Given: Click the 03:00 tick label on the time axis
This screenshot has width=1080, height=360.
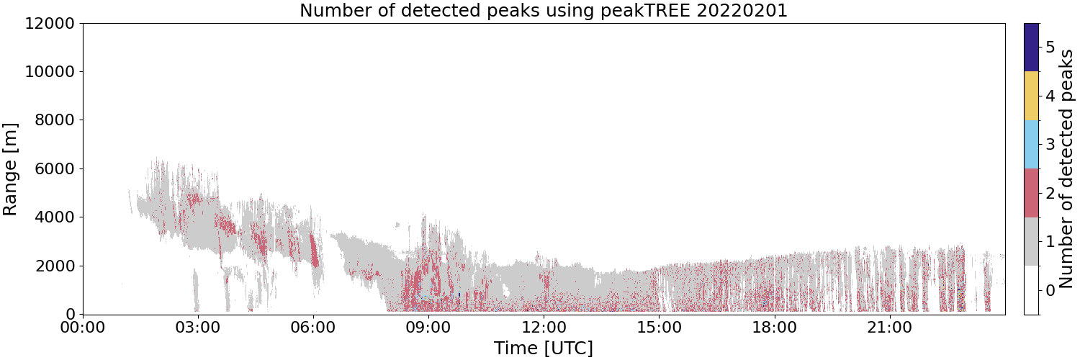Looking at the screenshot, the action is (198, 328).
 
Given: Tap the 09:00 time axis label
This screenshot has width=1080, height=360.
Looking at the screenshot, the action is (428, 328).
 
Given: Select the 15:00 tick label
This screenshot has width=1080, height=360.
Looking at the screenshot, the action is (659, 328).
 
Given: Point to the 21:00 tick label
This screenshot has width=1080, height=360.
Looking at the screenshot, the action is (889, 328).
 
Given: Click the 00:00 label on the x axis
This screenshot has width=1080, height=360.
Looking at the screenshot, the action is (83, 328).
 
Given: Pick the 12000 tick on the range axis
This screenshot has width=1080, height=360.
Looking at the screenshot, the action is (50, 23).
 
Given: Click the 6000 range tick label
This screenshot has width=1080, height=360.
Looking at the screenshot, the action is (55, 168).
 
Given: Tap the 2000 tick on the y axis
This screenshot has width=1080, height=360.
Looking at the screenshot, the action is (55, 266).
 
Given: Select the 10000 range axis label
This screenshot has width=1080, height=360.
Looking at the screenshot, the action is (50, 72).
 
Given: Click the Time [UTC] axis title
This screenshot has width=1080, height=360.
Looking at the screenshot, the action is (544, 348).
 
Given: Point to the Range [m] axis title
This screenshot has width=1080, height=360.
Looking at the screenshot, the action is (9, 169).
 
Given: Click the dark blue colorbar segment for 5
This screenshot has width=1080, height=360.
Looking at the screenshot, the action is (1031, 48).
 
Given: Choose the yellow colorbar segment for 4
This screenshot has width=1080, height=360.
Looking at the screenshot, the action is (1031, 96).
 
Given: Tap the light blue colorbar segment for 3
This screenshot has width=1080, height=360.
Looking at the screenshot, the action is (1031, 145).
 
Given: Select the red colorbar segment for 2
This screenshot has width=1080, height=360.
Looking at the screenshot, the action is (1031, 193).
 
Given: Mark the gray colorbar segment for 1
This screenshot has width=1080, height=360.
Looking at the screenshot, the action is (1031, 241).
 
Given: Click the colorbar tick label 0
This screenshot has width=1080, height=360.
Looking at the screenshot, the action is (1050, 290).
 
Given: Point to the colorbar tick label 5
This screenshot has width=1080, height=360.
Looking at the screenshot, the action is (1050, 48).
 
